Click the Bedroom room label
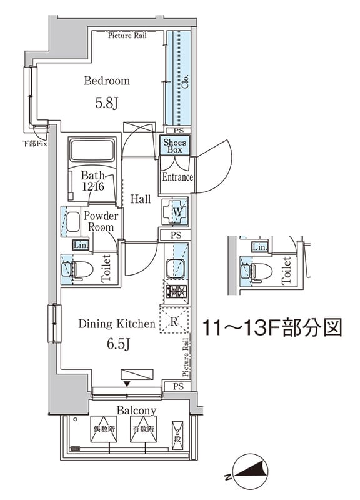click(x=107, y=81)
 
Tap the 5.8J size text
click(x=107, y=104)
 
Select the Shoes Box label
click(x=176, y=146)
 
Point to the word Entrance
click(x=177, y=177)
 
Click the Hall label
click(x=141, y=199)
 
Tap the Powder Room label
click(x=100, y=221)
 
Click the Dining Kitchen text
click(x=116, y=324)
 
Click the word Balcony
click(x=136, y=410)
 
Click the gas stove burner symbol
click(x=176, y=292)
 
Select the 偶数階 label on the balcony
click(x=105, y=430)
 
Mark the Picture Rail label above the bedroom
click(x=128, y=36)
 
